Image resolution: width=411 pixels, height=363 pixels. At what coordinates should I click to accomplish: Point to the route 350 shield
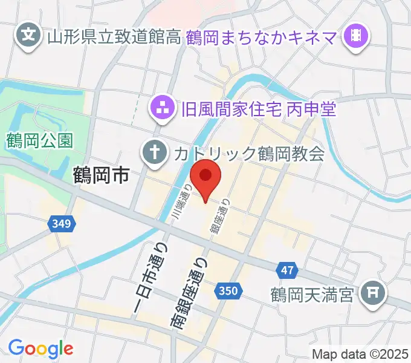pyautogui.click(x=228, y=292)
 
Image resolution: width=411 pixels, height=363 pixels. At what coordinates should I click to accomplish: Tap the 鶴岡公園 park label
pyautogui.click(x=40, y=141)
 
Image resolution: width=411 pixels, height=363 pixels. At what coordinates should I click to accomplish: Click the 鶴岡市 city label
pyautogui.click(x=101, y=176)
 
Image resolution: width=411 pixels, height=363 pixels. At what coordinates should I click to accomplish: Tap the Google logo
pyautogui.click(x=40, y=348)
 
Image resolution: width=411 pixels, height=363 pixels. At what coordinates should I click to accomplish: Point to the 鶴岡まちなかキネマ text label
pyautogui.click(x=265, y=38)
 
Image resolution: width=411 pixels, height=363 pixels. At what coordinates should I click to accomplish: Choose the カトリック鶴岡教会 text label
pyautogui.click(x=248, y=153)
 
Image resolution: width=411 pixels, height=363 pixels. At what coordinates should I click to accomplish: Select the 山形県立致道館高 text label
pyautogui.click(x=113, y=38)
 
